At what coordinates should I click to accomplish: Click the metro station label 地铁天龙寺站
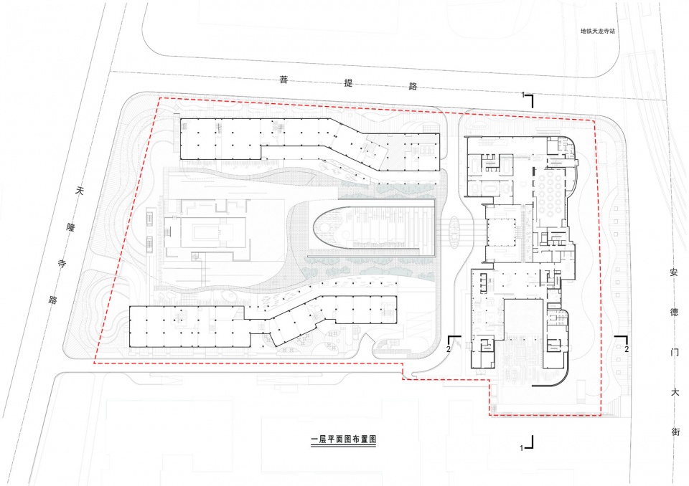point(598,31)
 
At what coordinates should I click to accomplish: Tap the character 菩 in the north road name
point(284,80)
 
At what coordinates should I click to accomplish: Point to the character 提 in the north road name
point(349,83)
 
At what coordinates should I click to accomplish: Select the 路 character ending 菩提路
point(413,86)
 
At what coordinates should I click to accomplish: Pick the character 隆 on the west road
point(71,227)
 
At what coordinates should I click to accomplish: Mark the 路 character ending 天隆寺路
point(53,300)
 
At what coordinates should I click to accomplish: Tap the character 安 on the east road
point(674,272)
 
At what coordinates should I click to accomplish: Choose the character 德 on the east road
point(674,312)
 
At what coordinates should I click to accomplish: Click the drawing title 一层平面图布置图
point(343,439)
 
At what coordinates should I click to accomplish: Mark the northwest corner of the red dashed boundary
point(159,98)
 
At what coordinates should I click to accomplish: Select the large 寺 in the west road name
point(62,264)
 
